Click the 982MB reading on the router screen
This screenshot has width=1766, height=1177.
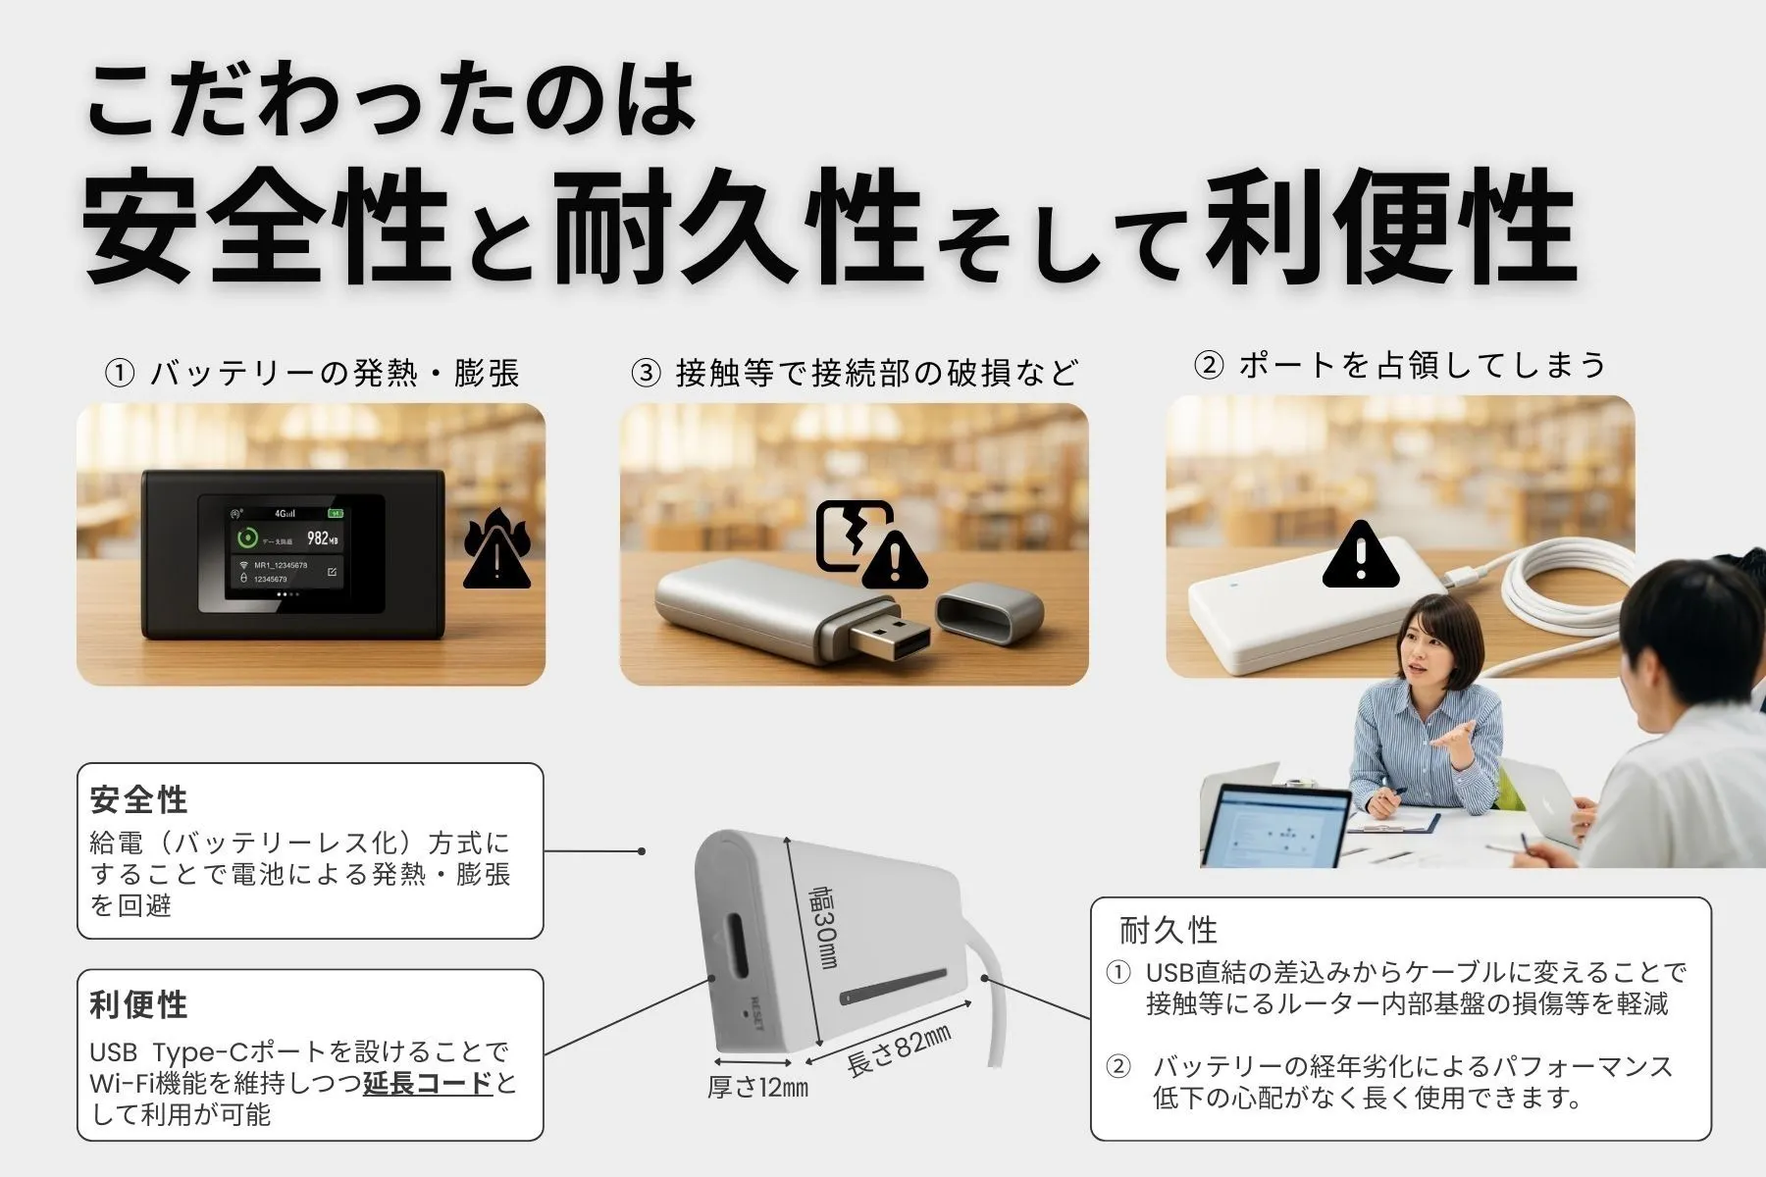[x=322, y=537]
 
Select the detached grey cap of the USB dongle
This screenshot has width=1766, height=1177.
[x=988, y=612]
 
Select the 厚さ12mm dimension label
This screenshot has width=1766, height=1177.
[x=757, y=1087]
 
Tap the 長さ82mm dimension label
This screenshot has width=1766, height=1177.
[x=899, y=1050]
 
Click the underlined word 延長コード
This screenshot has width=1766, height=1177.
[x=428, y=1083]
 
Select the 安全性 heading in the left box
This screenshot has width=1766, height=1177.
[x=138, y=799]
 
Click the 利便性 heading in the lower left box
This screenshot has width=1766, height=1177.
[x=138, y=1004]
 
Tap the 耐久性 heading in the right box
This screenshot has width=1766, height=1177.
[x=1168, y=930]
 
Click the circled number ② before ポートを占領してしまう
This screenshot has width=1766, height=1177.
[x=1209, y=365]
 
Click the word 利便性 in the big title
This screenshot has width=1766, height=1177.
[x=1388, y=228]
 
